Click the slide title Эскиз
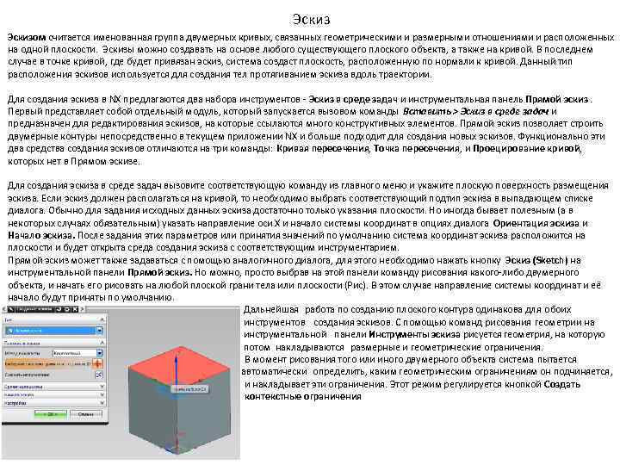[310, 18]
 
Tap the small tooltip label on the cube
[191, 390]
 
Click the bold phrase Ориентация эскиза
[538, 223]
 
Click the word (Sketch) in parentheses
[545, 259]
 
